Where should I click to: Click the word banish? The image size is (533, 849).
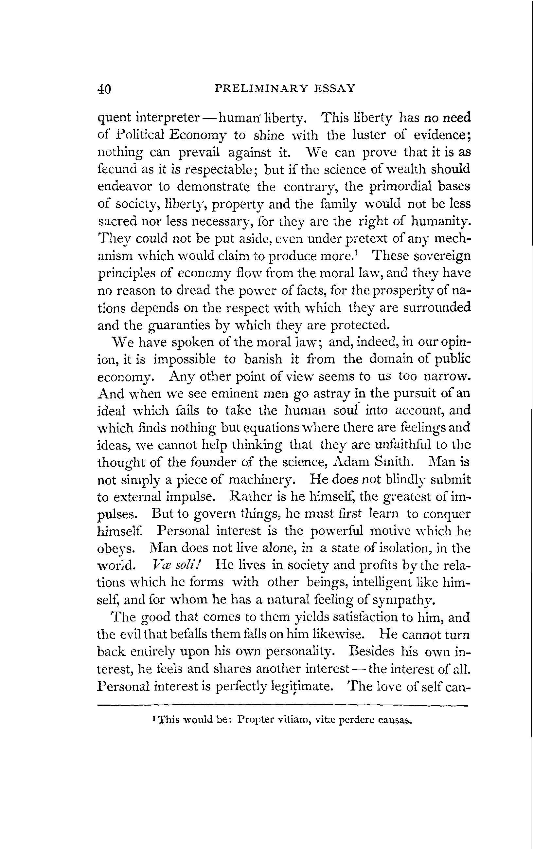click(263, 359)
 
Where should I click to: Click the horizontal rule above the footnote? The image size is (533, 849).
click(282, 706)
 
